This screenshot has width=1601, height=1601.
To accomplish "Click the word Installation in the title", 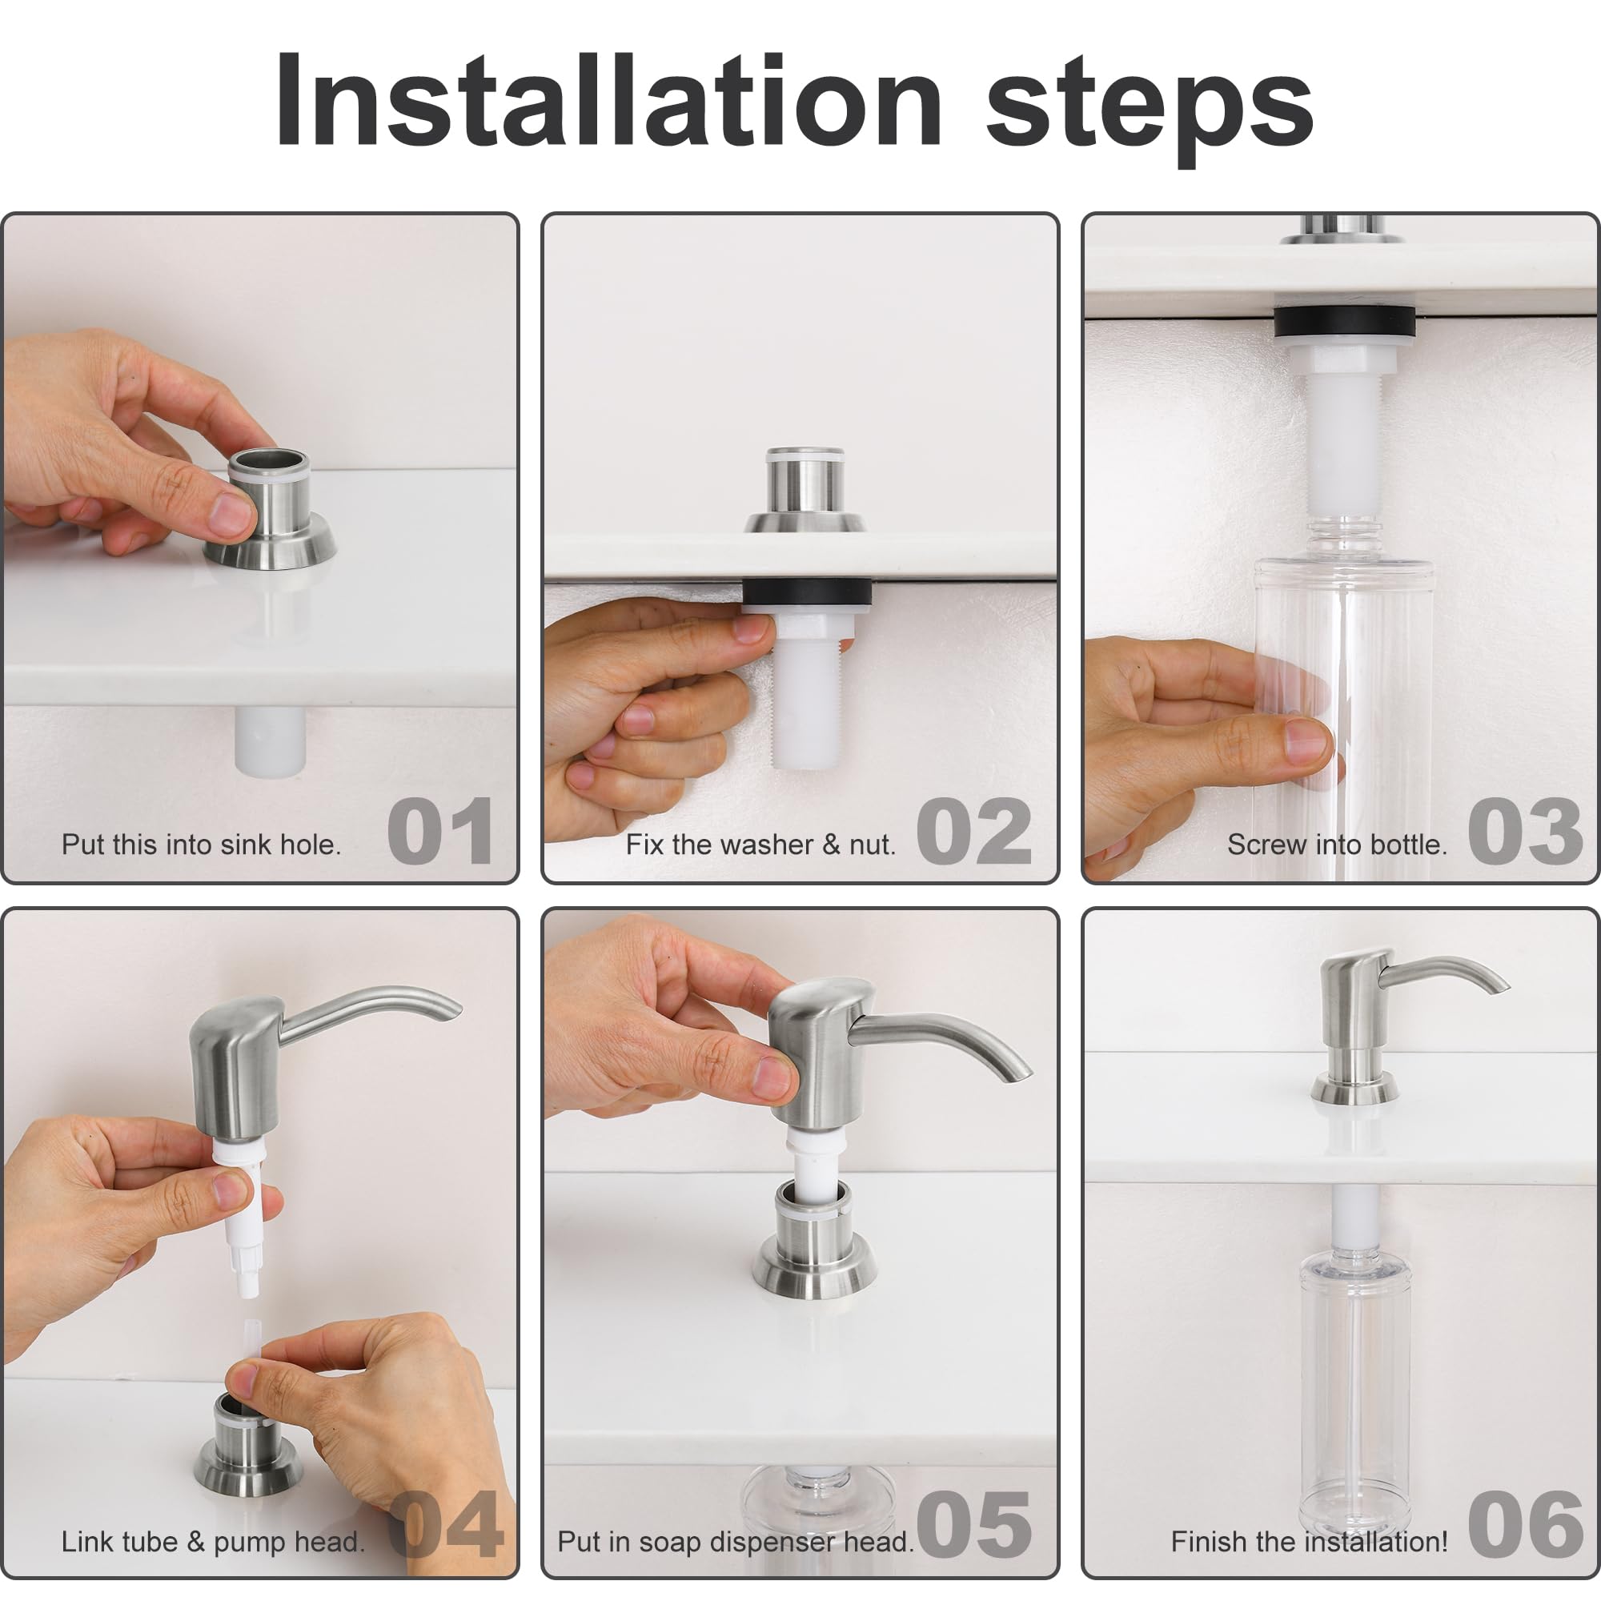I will point(609,101).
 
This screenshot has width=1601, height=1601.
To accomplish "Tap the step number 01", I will point(441,832).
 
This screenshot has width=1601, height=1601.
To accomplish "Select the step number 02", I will point(974,832).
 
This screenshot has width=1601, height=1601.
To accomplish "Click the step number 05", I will point(974,1525).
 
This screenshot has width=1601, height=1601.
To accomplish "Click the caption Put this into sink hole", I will point(202,845).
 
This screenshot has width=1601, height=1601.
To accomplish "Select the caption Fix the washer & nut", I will point(760,845).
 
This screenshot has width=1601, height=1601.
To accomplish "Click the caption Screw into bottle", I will point(1337,845).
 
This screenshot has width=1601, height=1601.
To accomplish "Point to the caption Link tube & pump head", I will point(213,1541).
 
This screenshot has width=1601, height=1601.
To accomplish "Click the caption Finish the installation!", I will point(1310,1541).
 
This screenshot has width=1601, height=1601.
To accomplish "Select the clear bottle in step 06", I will point(1356,1392).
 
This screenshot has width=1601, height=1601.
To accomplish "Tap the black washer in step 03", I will point(1344,321).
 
